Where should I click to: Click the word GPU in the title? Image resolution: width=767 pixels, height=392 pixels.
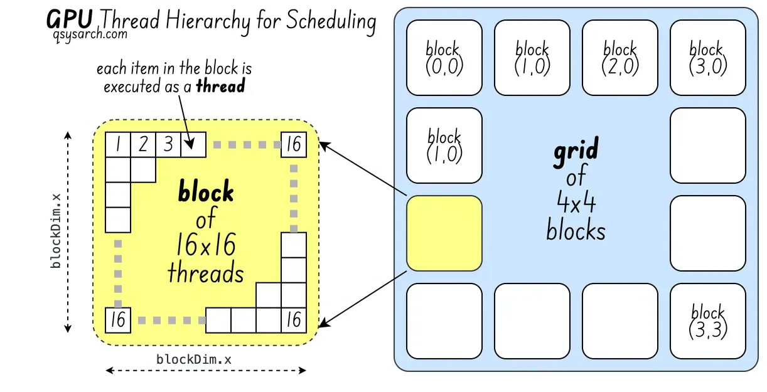tap(70, 20)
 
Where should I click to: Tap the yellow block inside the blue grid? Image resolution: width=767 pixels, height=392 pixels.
tap(444, 233)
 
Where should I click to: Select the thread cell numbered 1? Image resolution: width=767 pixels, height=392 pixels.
tap(117, 145)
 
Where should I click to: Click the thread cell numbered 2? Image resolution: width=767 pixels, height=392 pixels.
tap(142, 145)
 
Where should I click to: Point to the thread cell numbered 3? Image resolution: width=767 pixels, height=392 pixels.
tap(168, 145)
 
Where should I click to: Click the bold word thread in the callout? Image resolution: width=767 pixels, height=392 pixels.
tap(220, 87)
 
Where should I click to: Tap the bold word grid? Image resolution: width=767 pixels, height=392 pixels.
tap(576, 152)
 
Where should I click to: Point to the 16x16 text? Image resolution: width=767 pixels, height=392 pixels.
tap(205, 246)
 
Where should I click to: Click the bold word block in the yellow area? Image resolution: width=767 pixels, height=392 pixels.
tap(206, 192)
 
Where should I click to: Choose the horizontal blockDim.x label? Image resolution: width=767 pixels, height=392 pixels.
tap(193, 359)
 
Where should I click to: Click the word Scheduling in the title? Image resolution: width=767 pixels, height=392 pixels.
tap(331, 21)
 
